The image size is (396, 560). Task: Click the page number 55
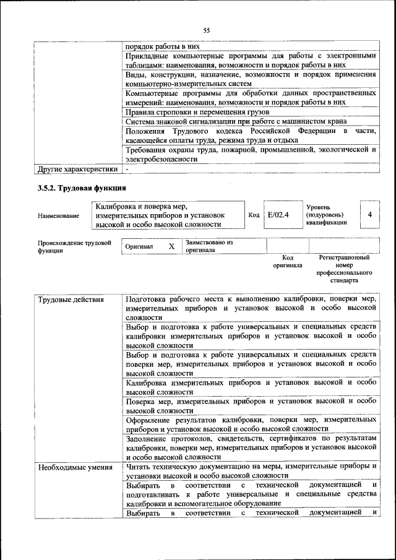(x=207, y=30)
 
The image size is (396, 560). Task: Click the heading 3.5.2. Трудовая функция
(x=82, y=188)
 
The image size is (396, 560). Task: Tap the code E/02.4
(x=278, y=215)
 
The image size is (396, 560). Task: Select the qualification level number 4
(x=369, y=215)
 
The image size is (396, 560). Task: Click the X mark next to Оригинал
(x=172, y=246)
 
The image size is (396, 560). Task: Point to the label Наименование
(x=58, y=215)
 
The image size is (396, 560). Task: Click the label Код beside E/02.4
(x=254, y=215)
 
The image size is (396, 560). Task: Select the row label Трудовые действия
(x=62, y=300)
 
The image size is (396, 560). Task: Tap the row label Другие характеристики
(x=77, y=168)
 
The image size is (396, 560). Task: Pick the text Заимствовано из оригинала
(x=209, y=246)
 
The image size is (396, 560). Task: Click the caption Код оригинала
(x=287, y=261)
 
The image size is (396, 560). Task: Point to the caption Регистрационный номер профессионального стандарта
(x=345, y=269)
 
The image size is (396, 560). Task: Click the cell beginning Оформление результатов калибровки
(x=251, y=424)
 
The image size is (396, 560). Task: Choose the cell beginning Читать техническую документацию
(x=251, y=471)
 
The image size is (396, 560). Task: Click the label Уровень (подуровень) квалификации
(x=325, y=215)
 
